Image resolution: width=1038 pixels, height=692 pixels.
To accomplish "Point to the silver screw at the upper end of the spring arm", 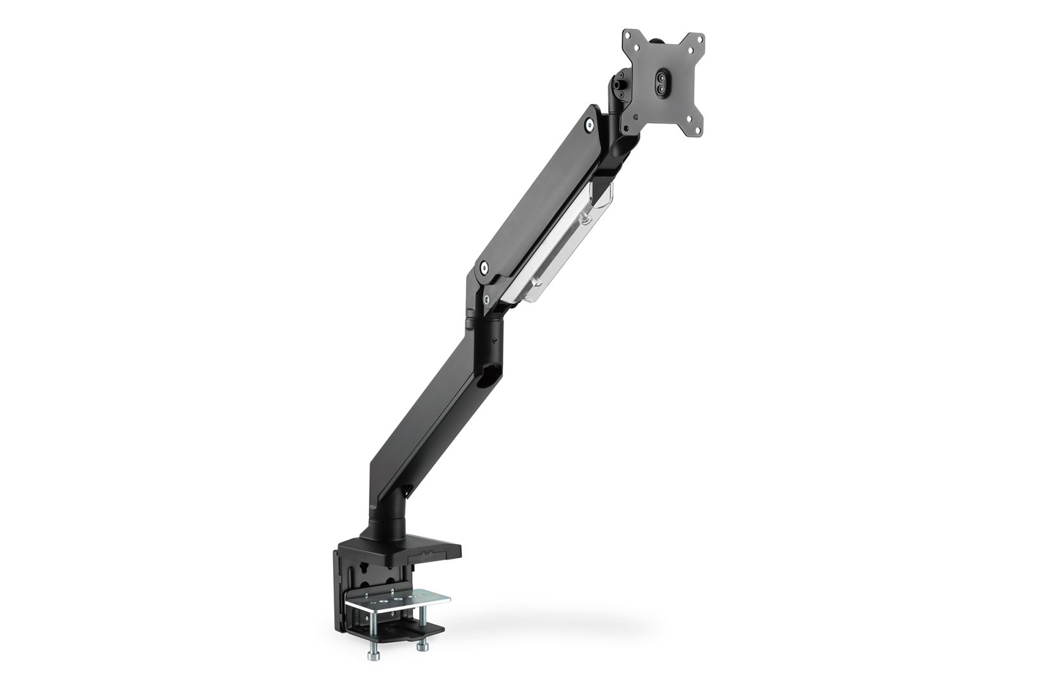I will click(x=588, y=127).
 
